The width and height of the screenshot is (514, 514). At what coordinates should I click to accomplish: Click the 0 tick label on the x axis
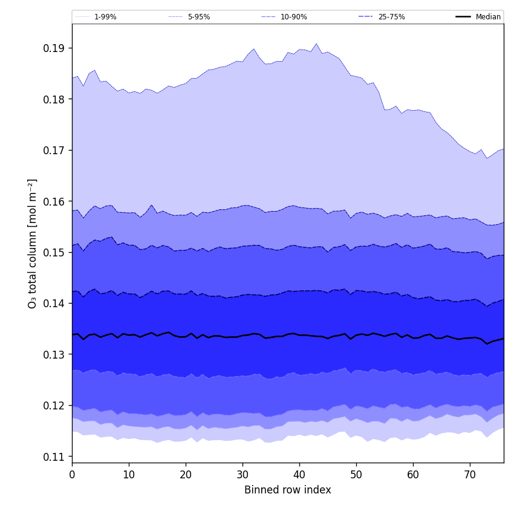point(72,475)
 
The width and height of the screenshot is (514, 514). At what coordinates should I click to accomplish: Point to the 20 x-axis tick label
point(186,475)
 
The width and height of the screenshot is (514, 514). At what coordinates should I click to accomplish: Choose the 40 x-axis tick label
point(299,475)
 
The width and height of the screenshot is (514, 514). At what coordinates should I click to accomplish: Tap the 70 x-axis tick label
point(470,475)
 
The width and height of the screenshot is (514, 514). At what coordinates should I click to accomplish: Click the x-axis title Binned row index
point(288,490)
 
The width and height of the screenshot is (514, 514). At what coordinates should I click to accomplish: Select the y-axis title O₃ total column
point(33,243)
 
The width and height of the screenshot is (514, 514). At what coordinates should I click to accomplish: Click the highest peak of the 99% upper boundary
point(316,44)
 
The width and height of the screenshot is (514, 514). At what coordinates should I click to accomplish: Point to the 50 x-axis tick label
point(356,475)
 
